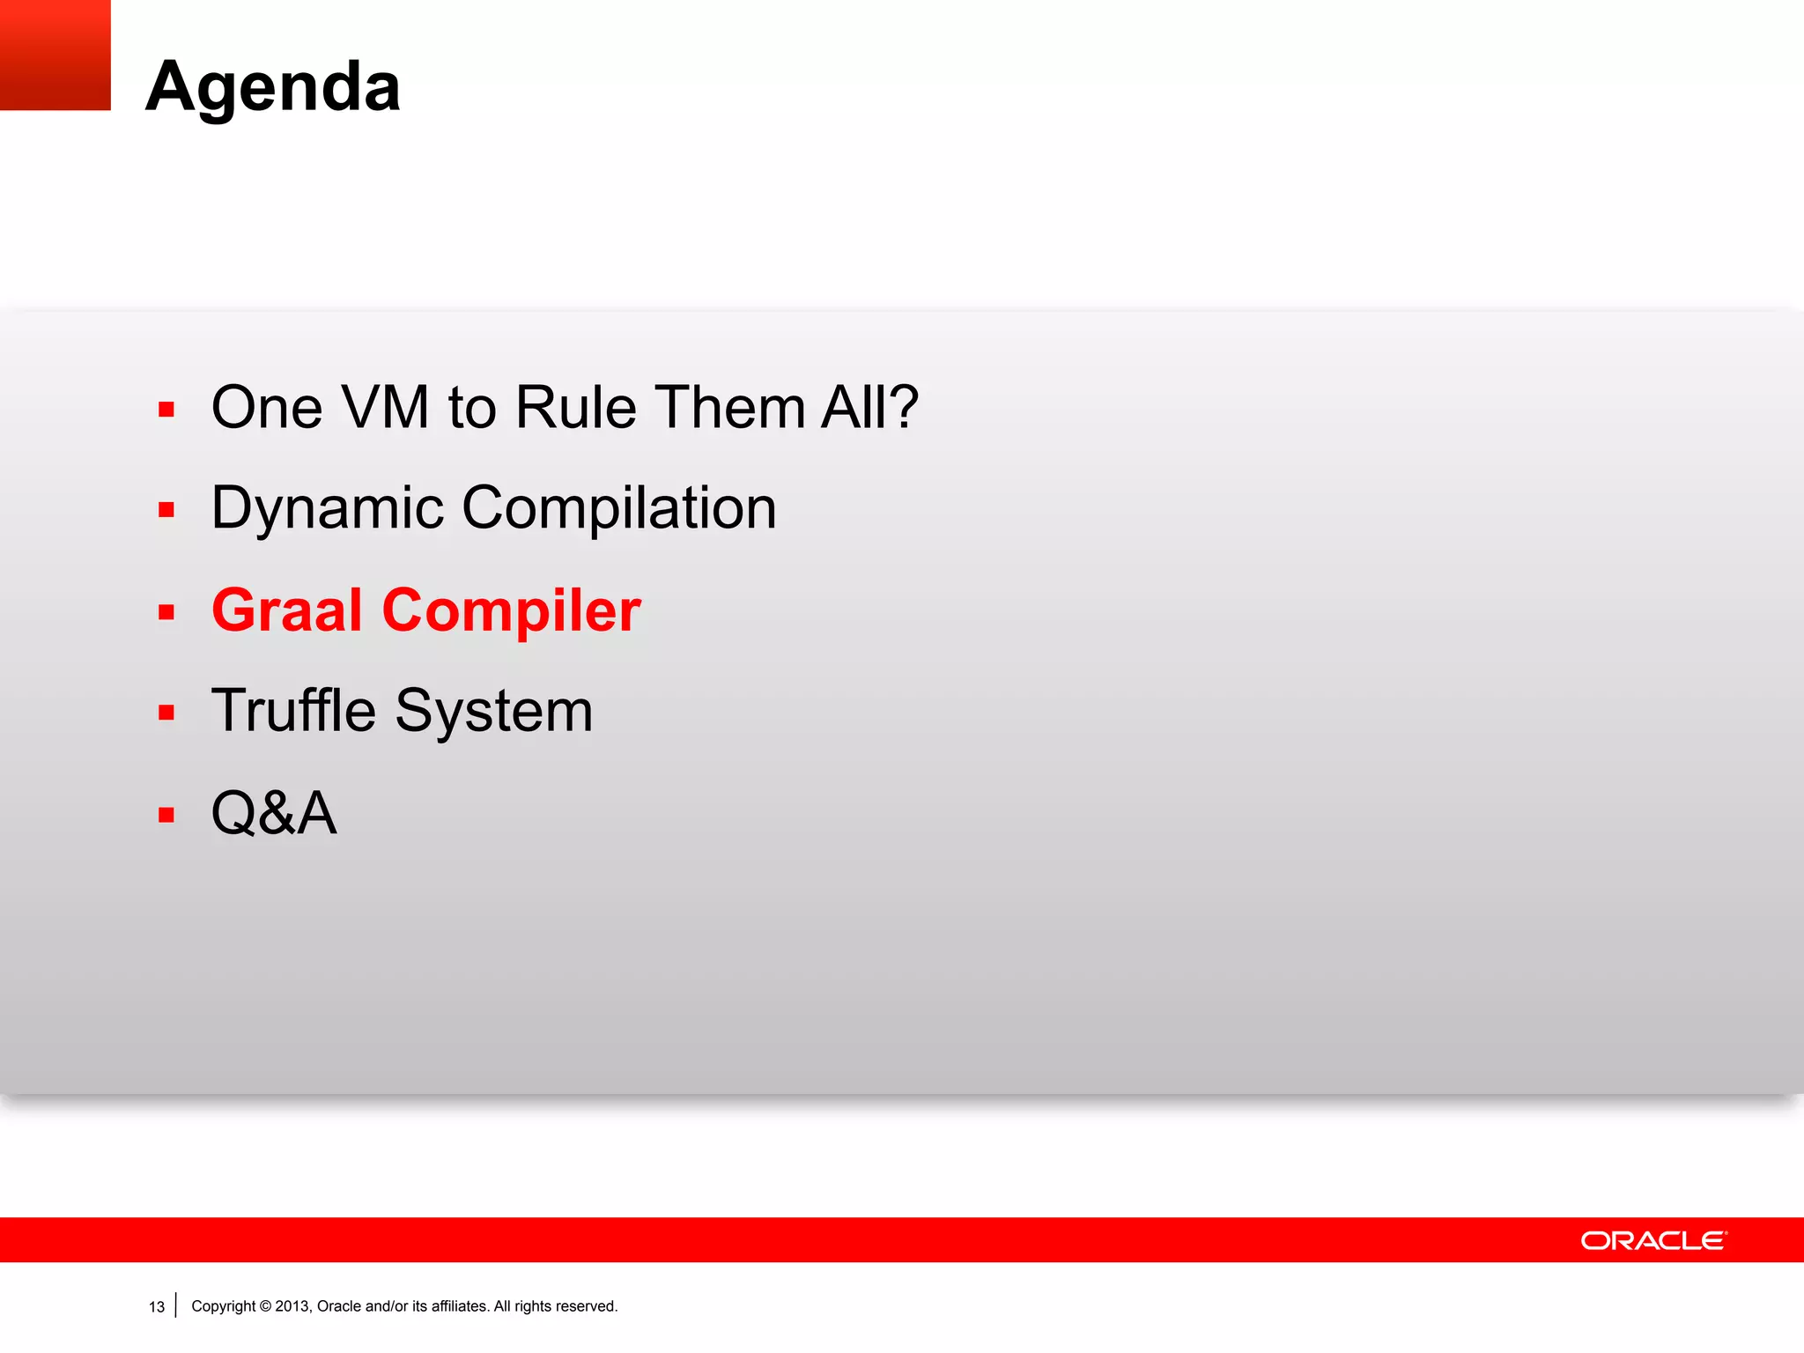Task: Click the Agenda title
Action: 273,86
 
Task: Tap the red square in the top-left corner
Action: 55,55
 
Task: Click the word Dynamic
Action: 327,509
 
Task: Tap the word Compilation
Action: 618,509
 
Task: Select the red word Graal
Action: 287,610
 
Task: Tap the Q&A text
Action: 274,813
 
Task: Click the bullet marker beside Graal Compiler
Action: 166,611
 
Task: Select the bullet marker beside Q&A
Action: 166,815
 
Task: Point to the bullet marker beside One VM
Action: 166,409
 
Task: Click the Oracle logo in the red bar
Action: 1653,1240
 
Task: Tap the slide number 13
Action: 157,1307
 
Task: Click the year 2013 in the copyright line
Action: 292,1306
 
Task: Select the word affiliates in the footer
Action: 459,1306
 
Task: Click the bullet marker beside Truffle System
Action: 166,713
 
